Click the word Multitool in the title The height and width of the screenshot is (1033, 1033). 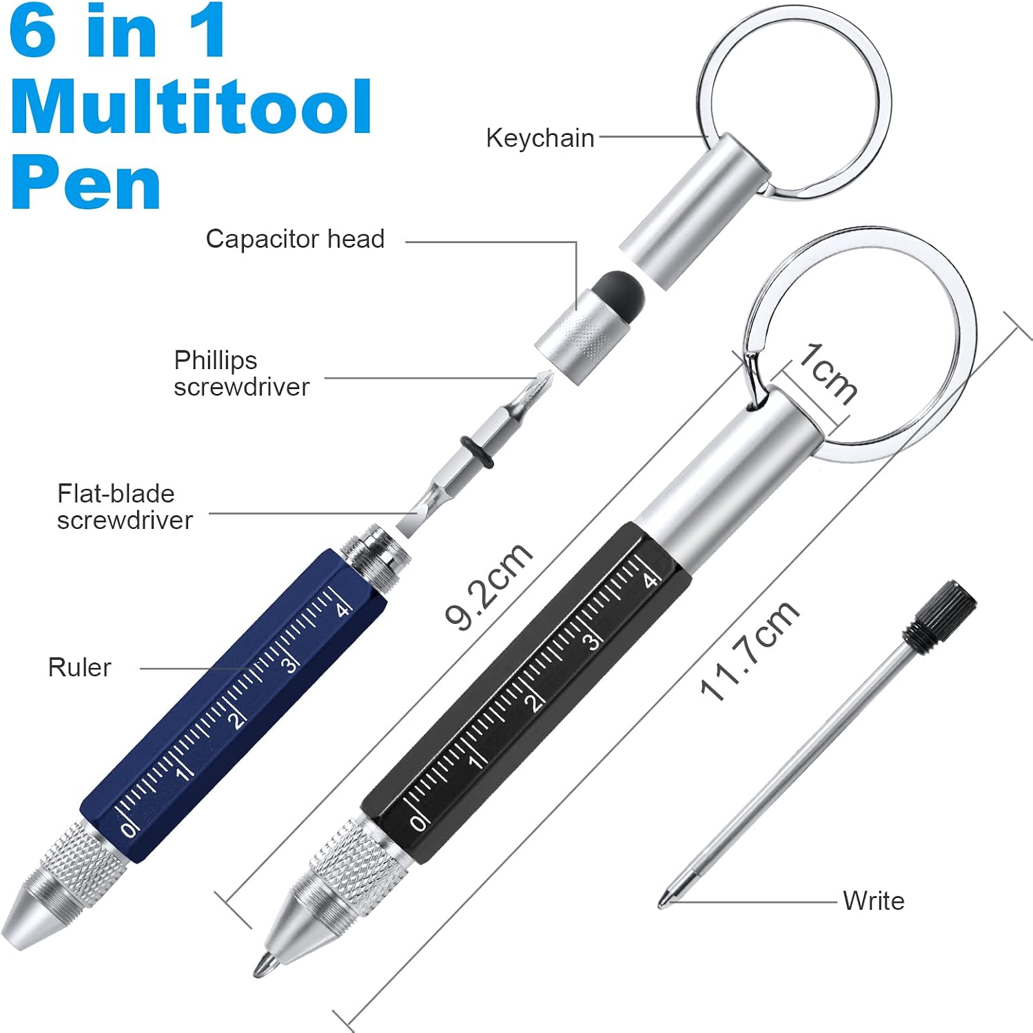click(x=192, y=107)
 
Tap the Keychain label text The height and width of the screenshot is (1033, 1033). click(x=540, y=138)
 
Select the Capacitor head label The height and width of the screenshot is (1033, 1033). click(x=295, y=239)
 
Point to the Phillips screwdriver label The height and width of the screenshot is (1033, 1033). click(x=241, y=373)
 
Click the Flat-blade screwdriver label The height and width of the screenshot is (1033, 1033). click(x=125, y=507)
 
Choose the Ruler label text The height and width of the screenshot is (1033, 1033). click(x=79, y=667)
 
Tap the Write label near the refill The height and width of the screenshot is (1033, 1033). click(x=873, y=901)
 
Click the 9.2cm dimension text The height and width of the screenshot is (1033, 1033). click(x=488, y=585)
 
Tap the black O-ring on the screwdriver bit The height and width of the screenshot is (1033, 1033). click(x=476, y=452)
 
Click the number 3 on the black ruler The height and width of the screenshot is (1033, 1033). click(x=591, y=642)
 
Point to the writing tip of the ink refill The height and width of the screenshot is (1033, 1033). click(x=663, y=901)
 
